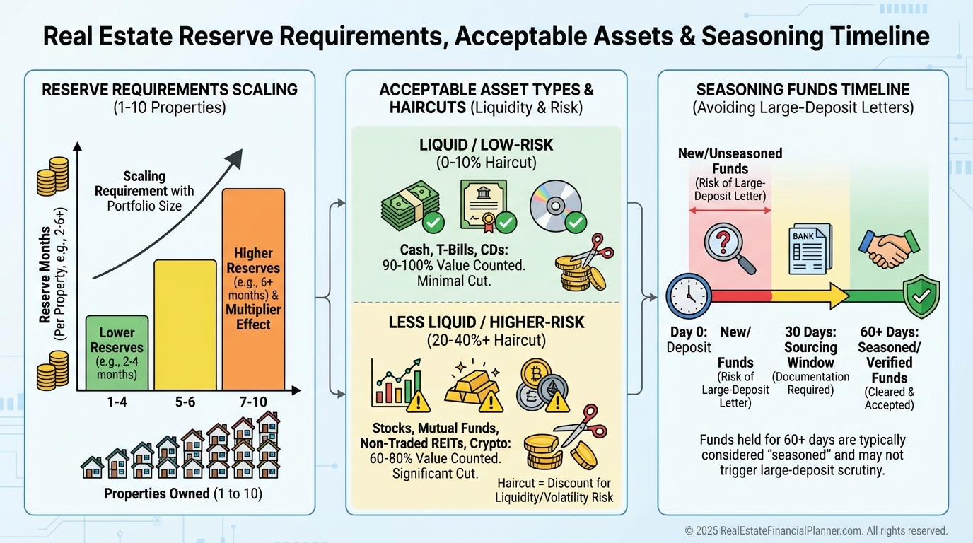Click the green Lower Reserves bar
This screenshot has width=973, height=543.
(117, 353)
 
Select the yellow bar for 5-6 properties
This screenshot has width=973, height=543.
(185, 325)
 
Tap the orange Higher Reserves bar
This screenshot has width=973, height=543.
(254, 289)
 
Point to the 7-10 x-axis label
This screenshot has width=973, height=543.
(253, 402)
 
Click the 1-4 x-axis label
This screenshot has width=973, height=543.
(117, 402)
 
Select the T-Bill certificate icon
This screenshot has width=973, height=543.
(484, 204)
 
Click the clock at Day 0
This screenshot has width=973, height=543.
(689, 296)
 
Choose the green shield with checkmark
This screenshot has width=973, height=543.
(922, 296)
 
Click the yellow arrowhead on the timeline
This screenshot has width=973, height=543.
(839, 296)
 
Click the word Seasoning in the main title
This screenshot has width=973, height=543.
(762, 36)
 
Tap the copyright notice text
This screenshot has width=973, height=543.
(816, 531)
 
